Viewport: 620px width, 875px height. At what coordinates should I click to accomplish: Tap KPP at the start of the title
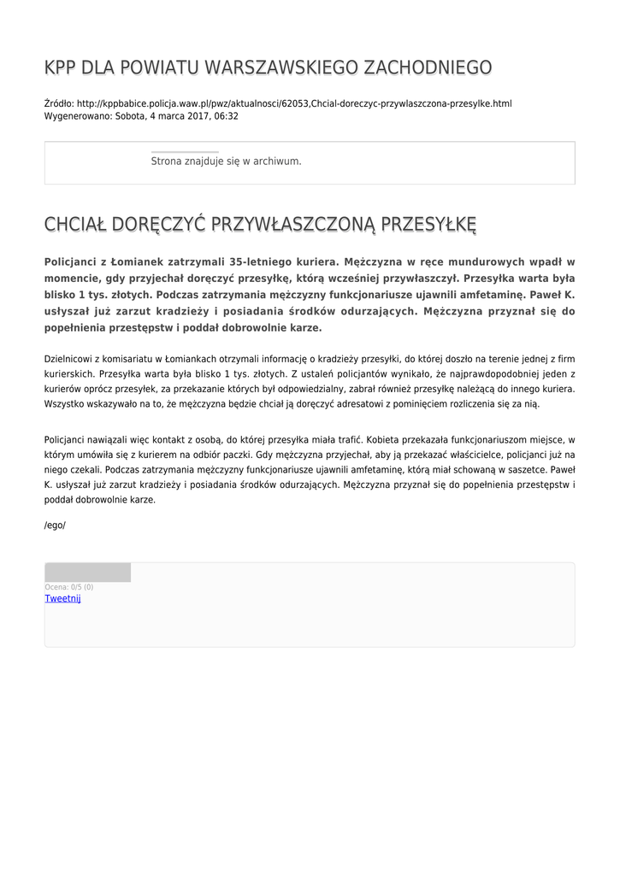[61, 68]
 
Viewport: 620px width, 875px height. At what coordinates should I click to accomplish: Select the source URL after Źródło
[294, 103]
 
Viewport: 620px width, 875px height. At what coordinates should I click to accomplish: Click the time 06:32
[227, 116]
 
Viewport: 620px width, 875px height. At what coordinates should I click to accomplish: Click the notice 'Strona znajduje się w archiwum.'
[226, 161]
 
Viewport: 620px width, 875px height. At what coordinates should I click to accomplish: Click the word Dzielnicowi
[70, 360]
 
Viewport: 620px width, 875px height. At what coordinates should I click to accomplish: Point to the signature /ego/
[55, 525]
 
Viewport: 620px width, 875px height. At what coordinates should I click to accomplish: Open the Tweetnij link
[62, 598]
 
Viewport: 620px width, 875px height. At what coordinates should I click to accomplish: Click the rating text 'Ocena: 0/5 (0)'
[69, 587]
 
